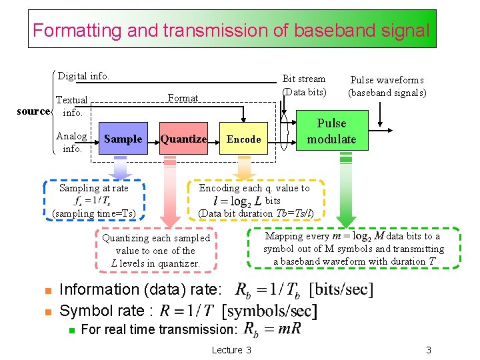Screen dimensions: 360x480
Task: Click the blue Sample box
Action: (123, 139)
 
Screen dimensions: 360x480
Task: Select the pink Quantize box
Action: (183, 139)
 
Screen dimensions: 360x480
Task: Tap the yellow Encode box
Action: (243, 139)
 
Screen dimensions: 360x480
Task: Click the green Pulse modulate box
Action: (331, 131)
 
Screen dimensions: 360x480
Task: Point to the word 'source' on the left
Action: (33, 111)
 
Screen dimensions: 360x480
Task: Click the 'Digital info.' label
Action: (83, 76)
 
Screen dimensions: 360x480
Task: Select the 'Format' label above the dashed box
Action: (183, 98)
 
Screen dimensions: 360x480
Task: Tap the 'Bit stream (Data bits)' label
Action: (304, 85)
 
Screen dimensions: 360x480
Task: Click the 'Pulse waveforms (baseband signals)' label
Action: (387, 86)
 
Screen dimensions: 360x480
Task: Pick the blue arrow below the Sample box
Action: (123, 167)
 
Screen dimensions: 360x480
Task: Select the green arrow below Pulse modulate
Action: (345, 193)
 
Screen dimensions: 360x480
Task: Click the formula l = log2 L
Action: (237, 201)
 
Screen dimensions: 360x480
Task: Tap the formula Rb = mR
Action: (272, 329)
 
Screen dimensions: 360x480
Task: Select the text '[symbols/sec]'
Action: (269, 311)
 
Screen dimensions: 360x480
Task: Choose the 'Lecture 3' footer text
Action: (231, 350)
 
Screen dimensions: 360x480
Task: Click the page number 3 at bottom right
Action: (429, 350)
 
